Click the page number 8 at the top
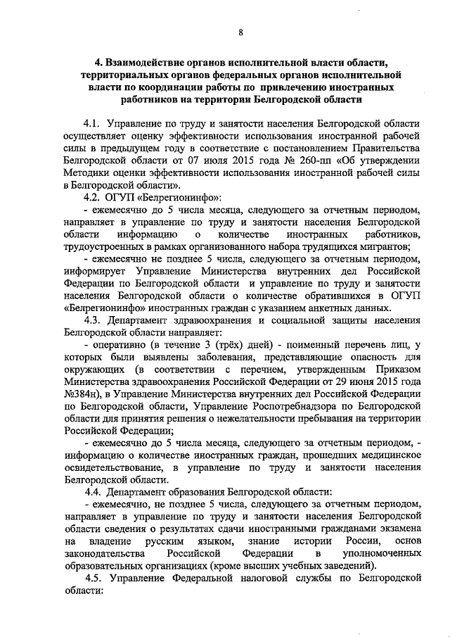tap(240, 32)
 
